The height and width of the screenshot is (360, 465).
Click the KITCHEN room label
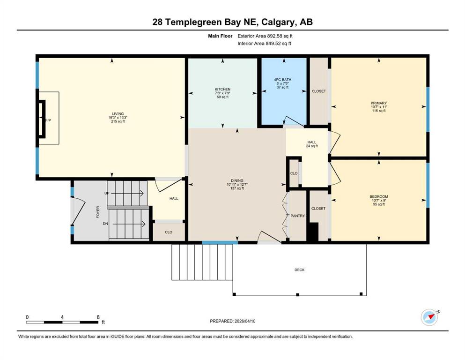(222, 89)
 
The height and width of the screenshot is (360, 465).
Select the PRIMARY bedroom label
(378, 103)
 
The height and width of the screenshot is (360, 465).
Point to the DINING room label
(237, 180)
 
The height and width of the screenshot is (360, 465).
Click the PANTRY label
(297, 216)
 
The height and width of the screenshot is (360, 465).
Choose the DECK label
(299, 270)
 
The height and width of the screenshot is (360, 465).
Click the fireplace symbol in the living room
(43, 120)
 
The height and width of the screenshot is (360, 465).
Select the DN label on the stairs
(106, 224)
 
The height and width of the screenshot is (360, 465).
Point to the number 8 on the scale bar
(97, 317)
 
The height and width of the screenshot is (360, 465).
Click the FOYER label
(98, 212)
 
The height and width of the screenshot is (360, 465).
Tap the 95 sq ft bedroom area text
(378, 204)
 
